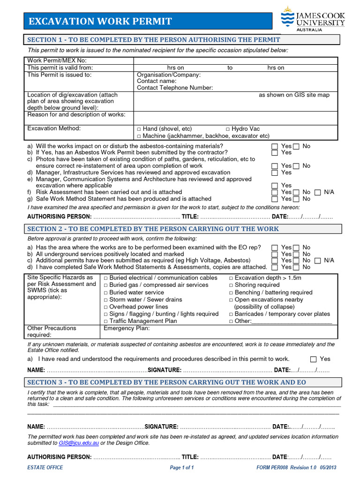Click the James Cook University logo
pos(313,19)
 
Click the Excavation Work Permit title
pos(100,22)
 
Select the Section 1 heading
pos(154,40)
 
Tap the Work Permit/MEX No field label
pos(57,60)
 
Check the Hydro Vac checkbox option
pos(228,129)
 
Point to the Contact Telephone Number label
pos(174,88)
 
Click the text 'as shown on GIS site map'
pos(294,95)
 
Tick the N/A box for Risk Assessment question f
pos(318,192)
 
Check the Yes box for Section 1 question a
pos(275,146)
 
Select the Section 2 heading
pos(153,229)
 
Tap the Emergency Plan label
pos(127,328)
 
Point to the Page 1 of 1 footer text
pos(181,467)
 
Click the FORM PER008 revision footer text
pos(296,467)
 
